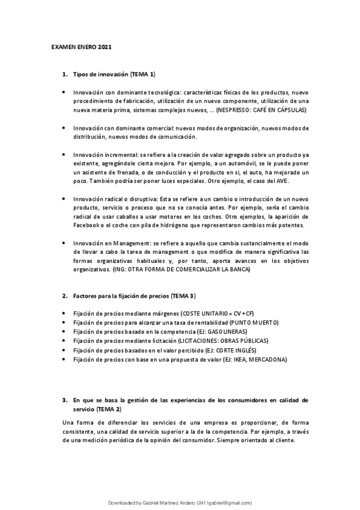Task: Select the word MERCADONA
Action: (265, 359)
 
